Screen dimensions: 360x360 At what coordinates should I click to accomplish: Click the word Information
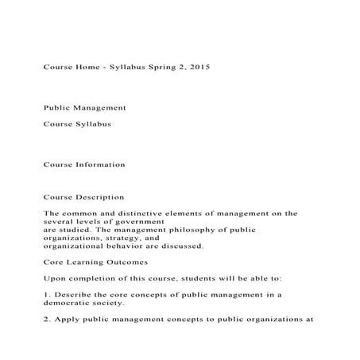(99, 165)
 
